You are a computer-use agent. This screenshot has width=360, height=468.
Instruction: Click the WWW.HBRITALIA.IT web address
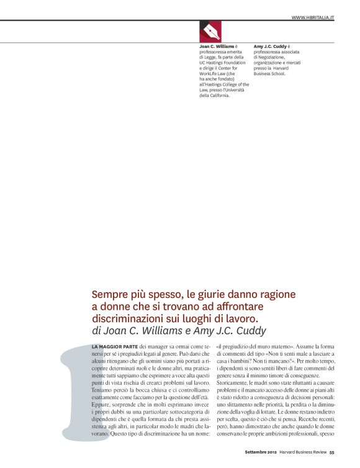pyautogui.click(x=313, y=18)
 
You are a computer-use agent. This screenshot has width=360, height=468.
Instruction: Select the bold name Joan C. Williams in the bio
pyautogui.click(x=217, y=46)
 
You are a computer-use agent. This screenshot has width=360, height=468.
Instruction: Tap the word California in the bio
pyautogui.click(x=220, y=96)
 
